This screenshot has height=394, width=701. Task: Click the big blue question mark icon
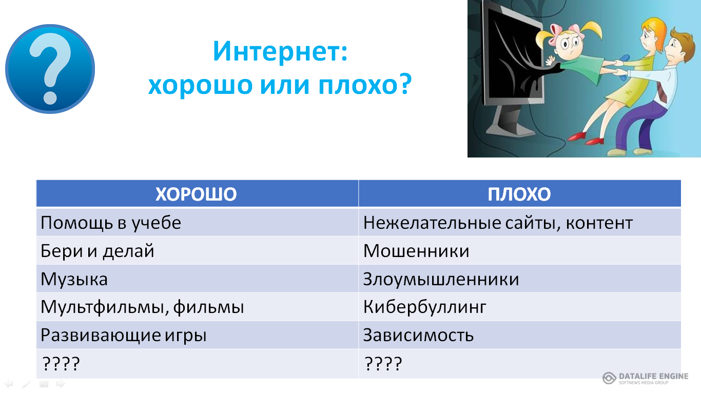tap(50, 69)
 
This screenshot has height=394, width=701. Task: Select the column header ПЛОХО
tap(519, 194)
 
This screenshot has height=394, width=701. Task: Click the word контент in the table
tap(599, 223)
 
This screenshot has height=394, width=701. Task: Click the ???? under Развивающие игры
tap(61, 364)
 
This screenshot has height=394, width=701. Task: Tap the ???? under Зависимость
tap(383, 364)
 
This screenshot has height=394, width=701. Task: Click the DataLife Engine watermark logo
tap(645, 378)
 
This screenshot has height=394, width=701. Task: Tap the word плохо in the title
tap(365, 85)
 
